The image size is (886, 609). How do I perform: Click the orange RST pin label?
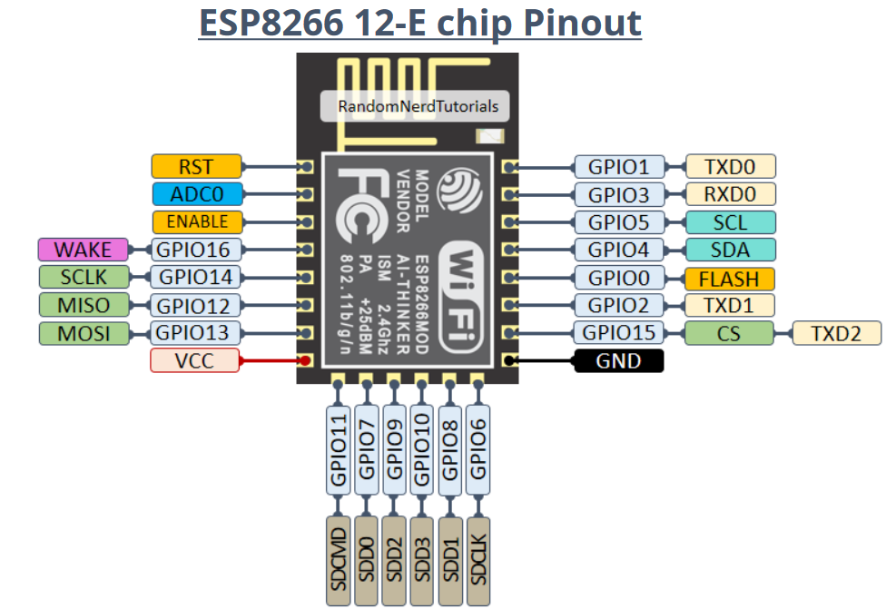(x=197, y=166)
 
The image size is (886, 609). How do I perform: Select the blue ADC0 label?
(x=197, y=193)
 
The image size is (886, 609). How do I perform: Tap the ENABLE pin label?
(x=197, y=221)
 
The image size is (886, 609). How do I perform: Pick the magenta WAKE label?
(x=83, y=250)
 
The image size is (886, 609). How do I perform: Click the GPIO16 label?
(x=196, y=250)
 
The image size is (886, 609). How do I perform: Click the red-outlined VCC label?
(x=195, y=360)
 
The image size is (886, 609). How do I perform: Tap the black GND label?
(x=618, y=361)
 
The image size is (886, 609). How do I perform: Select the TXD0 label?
(x=731, y=166)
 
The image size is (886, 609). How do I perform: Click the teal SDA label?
(x=731, y=250)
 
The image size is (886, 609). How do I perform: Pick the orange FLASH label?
(x=729, y=278)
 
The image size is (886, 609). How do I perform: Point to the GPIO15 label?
(x=618, y=333)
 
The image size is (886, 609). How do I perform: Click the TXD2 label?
(x=836, y=333)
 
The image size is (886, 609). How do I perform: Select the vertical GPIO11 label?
(x=339, y=449)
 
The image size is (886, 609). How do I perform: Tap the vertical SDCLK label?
(x=479, y=561)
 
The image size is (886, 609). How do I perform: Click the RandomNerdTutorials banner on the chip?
(x=418, y=106)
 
